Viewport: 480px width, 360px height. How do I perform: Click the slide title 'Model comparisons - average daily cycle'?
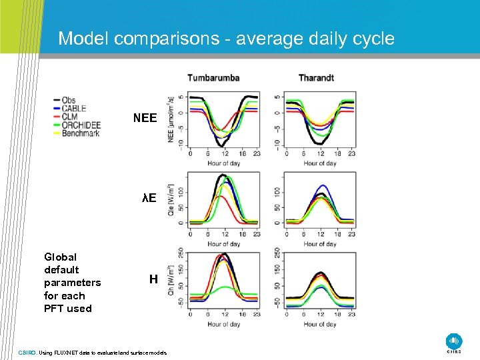pos(226,38)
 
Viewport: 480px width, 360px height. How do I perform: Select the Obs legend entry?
pos(69,101)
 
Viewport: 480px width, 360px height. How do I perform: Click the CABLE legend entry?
pos(73,109)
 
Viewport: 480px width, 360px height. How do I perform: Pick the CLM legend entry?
pos(70,117)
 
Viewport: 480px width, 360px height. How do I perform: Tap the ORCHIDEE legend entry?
pos(80,125)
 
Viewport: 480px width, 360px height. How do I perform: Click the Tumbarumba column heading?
pos(213,78)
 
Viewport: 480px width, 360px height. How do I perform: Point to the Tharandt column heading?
pos(316,78)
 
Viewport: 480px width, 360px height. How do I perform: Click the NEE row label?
pos(145,119)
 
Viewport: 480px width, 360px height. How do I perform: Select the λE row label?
pos(149,198)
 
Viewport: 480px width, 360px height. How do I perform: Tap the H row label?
pos(153,280)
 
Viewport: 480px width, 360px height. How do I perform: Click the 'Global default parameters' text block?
pos(72,283)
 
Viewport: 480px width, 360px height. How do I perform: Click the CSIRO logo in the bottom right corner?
pos(453,342)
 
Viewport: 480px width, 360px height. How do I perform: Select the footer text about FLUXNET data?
pos(93,353)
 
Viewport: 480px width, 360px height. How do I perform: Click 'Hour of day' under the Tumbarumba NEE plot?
pos(223,163)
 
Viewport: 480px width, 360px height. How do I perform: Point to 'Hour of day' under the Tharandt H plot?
pos(320,325)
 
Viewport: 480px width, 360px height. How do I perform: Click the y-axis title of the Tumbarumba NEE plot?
pos(172,120)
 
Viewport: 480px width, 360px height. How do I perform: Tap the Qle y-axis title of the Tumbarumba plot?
pos(172,200)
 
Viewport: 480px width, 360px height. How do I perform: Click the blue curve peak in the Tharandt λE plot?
pos(323,186)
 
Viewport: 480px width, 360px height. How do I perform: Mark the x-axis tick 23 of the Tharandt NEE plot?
pos(351,155)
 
